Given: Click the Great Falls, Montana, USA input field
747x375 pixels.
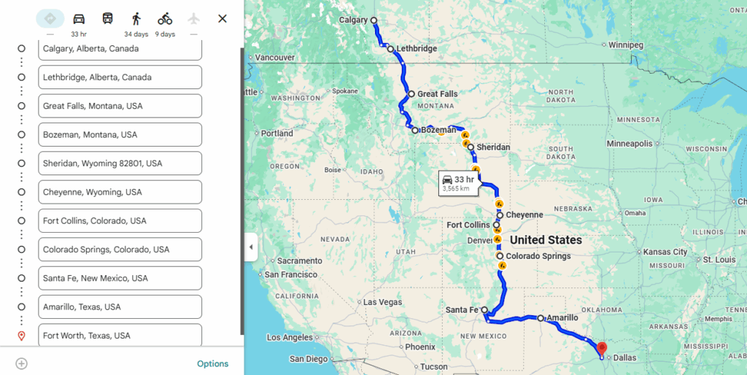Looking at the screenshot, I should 120,106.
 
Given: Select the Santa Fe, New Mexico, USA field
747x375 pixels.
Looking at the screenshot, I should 120,278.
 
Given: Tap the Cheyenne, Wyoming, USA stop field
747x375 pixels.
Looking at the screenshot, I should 120,192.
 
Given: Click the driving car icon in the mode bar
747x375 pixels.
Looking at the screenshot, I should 79,19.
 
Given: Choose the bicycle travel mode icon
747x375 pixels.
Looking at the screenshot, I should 165,19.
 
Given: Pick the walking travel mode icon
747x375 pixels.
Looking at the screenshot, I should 136,19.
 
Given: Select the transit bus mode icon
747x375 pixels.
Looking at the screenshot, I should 107,19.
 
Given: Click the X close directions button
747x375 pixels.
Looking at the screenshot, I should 222,19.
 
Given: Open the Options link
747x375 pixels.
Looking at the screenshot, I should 212,363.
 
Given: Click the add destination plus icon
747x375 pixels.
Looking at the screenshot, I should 22,363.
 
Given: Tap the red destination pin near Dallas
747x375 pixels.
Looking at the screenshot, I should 602,349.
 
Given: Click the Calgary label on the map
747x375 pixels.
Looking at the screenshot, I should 354,20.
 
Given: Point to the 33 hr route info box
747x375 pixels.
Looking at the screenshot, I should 459,183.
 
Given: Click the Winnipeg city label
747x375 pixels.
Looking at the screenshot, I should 627,45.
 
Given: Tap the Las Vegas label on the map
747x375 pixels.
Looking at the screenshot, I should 382,302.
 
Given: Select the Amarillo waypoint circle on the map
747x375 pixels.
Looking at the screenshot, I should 541,318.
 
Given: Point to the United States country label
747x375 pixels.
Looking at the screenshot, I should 546,240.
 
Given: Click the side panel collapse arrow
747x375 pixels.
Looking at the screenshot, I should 251,247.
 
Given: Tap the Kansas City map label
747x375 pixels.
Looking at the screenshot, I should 665,252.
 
